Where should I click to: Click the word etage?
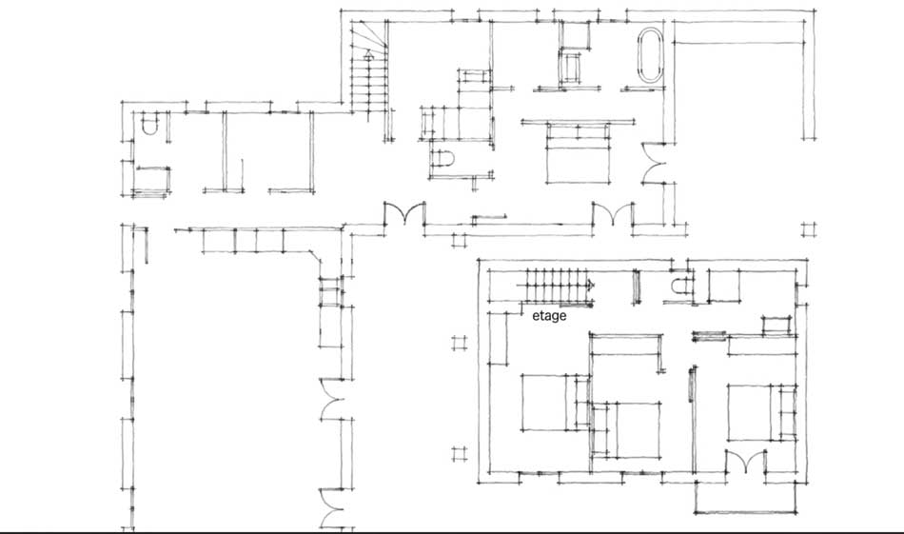tap(549, 316)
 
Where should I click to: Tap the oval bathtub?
tap(650, 55)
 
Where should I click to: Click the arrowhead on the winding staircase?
tap(368, 55)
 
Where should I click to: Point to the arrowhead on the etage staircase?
tap(590, 285)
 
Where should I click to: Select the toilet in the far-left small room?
tap(150, 124)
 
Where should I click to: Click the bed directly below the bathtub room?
tap(578, 153)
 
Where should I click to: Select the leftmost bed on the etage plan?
tap(549, 403)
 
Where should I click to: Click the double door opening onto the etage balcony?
tap(746, 462)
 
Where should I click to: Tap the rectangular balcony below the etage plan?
tap(746, 497)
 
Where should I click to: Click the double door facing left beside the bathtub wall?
tap(653, 163)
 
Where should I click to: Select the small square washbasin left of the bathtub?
tap(572, 67)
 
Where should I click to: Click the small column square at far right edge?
tap(809, 229)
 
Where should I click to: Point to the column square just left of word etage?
tap(460, 344)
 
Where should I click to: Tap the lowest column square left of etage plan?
tap(460, 454)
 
